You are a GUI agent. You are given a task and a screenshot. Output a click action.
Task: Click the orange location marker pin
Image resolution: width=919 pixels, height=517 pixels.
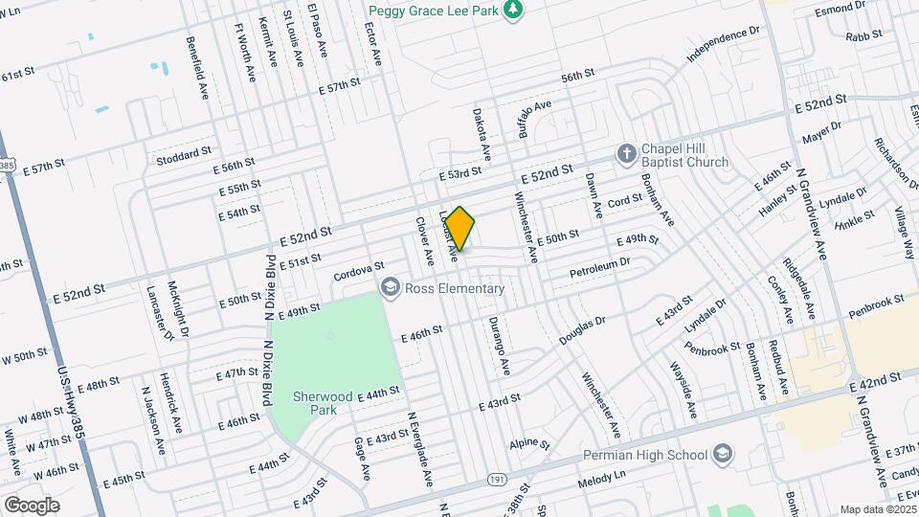coord(460,228)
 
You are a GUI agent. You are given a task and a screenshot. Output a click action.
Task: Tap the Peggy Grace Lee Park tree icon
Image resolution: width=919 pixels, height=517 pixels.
coord(515,9)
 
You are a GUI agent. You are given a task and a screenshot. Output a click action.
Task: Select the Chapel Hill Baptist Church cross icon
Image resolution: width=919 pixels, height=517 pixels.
coord(626,154)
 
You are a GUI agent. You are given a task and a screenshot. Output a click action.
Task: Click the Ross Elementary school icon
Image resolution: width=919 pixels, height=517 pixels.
coord(390,287)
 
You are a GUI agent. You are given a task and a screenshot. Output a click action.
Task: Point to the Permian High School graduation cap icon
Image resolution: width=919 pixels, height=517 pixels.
coord(724,454)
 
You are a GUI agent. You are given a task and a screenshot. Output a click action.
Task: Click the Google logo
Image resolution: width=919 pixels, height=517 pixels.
coord(32,505)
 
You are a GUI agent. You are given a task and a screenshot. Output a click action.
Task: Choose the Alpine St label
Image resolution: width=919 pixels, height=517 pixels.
coord(529,445)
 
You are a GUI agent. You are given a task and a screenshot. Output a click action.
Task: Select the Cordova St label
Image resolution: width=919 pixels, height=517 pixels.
coord(358,271)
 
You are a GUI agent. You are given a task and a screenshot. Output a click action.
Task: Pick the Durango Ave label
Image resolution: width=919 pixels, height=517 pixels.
coord(500,346)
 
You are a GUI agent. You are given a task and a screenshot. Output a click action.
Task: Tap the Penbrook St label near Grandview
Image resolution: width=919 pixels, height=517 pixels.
coord(876,302)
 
